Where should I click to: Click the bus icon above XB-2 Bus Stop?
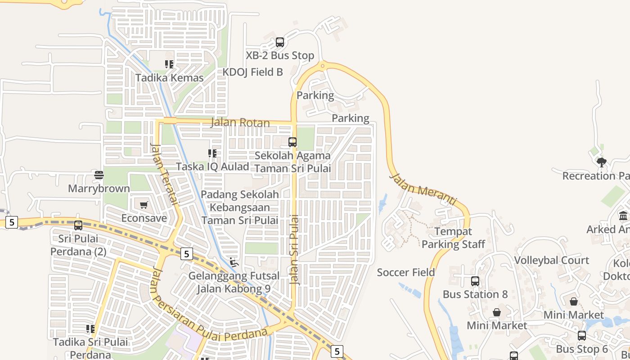click(x=280, y=42)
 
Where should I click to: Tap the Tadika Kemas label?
click(x=170, y=78)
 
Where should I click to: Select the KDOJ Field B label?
click(x=253, y=72)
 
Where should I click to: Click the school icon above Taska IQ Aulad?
click(x=212, y=153)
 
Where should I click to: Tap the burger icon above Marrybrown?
click(x=99, y=175)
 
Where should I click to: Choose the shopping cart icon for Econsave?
click(x=144, y=205)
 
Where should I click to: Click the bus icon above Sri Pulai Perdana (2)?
click(x=78, y=225)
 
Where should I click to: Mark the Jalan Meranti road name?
click(x=423, y=189)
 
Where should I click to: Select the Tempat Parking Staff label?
click(x=453, y=238)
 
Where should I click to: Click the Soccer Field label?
click(x=406, y=272)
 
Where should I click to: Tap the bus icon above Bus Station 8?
click(x=475, y=281)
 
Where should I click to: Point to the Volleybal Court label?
click(x=552, y=261)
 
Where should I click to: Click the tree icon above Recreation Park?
click(x=601, y=162)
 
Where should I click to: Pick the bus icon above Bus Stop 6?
click(x=582, y=336)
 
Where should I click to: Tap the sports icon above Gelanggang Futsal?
click(x=234, y=262)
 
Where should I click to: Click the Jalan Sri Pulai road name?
click(x=295, y=250)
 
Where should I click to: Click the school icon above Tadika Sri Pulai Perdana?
click(x=90, y=329)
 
